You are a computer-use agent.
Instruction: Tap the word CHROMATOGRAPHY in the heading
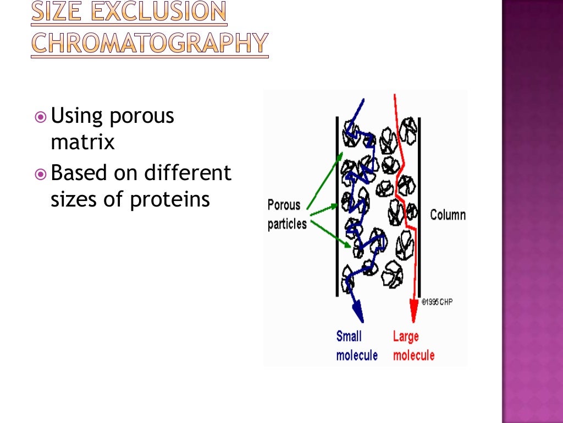click(x=150, y=43)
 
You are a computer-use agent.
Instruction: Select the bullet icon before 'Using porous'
click(x=40, y=117)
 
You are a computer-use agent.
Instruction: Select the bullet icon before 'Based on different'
click(x=40, y=175)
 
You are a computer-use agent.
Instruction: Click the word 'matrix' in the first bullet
click(x=82, y=143)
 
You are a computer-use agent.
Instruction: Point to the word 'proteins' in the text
click(x=170, y=199)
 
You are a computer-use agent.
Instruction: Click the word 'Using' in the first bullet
click(x=77, y=117)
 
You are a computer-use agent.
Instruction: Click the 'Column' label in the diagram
click(x=448, y=214)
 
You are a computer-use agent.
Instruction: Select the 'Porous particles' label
click(x=286, y=215)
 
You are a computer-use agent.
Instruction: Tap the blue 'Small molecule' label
click(x=357, y=345)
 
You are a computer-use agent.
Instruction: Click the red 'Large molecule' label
click(x=413, y=345)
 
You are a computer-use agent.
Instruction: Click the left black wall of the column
click(x=336, y=207)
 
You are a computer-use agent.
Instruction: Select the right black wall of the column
click(x=420, y=207)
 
